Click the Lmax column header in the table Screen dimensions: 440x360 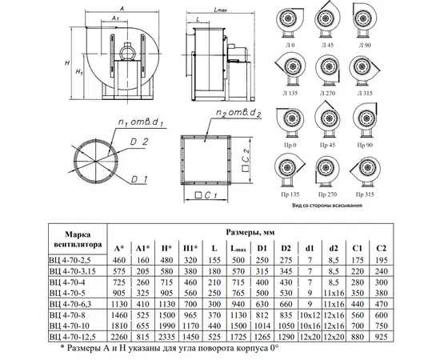coord(238,248)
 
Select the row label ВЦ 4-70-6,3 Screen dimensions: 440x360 coord(70,304)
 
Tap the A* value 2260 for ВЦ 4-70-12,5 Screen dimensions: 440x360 coord(119,337)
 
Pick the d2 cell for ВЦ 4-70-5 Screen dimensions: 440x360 coord(334,293)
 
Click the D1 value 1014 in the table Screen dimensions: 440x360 coord(262,326)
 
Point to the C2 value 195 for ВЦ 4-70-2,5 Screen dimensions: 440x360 coord(381,260)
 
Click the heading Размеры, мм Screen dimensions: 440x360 coord(250,232)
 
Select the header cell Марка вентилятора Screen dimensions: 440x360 coord(78,239)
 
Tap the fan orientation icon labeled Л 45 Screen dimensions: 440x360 coord(327,19)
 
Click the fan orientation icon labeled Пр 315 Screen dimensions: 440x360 coord(365,170)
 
